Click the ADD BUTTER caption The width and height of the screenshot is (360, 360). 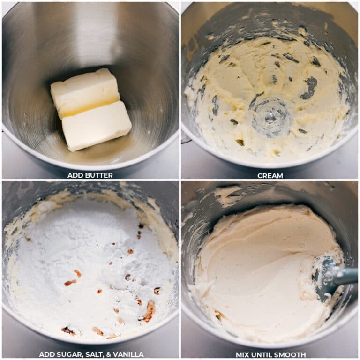click(x=90, y=175)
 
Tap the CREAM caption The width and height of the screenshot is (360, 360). click(x=270, y=175)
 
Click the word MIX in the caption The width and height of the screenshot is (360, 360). click(x=243, y=354)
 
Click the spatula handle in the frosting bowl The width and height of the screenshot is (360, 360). click(x=345, y=277)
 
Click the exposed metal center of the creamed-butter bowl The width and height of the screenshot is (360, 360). click(x=270, y=117)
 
